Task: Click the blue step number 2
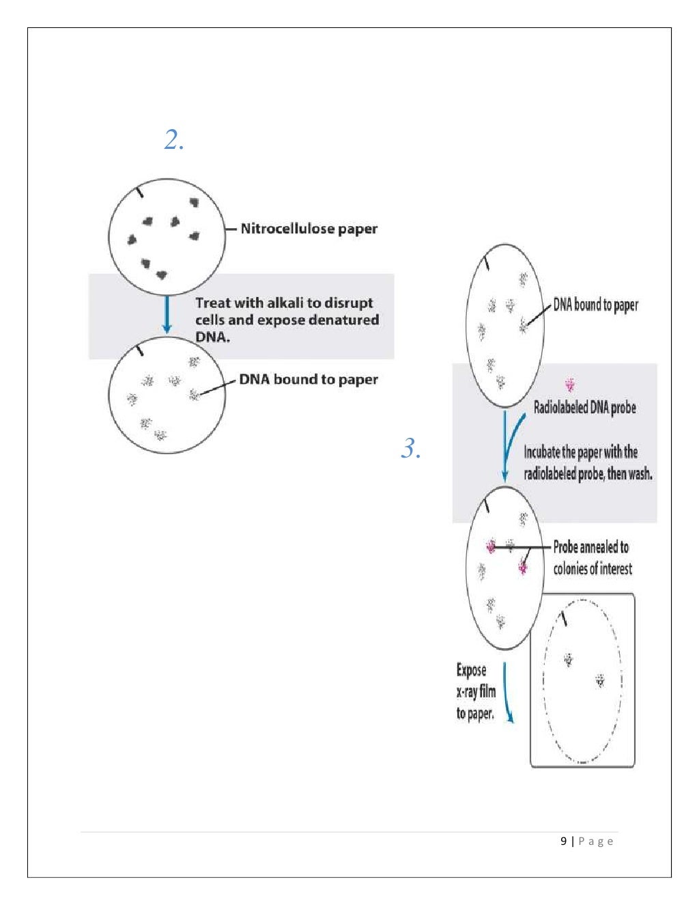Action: point(173,140)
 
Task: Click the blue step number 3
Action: point(410,449)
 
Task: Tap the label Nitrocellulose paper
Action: point(309,229)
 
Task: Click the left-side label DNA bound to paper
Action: point(308,380)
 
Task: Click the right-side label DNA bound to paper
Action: point(595,305)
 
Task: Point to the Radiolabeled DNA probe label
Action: point(584,408)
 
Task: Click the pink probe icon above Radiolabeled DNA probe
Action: point(570,385)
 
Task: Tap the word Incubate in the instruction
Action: point(542,452)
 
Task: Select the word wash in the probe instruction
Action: point(638,473)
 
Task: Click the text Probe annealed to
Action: point(590,547)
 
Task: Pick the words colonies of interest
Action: point(593,568)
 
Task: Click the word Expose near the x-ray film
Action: point(471,670)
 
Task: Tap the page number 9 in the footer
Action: point(564,841)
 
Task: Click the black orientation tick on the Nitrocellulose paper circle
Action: point(140,191)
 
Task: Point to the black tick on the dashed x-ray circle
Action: point(564,618)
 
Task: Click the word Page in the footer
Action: point(596,841)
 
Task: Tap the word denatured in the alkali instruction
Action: point(343,320)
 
